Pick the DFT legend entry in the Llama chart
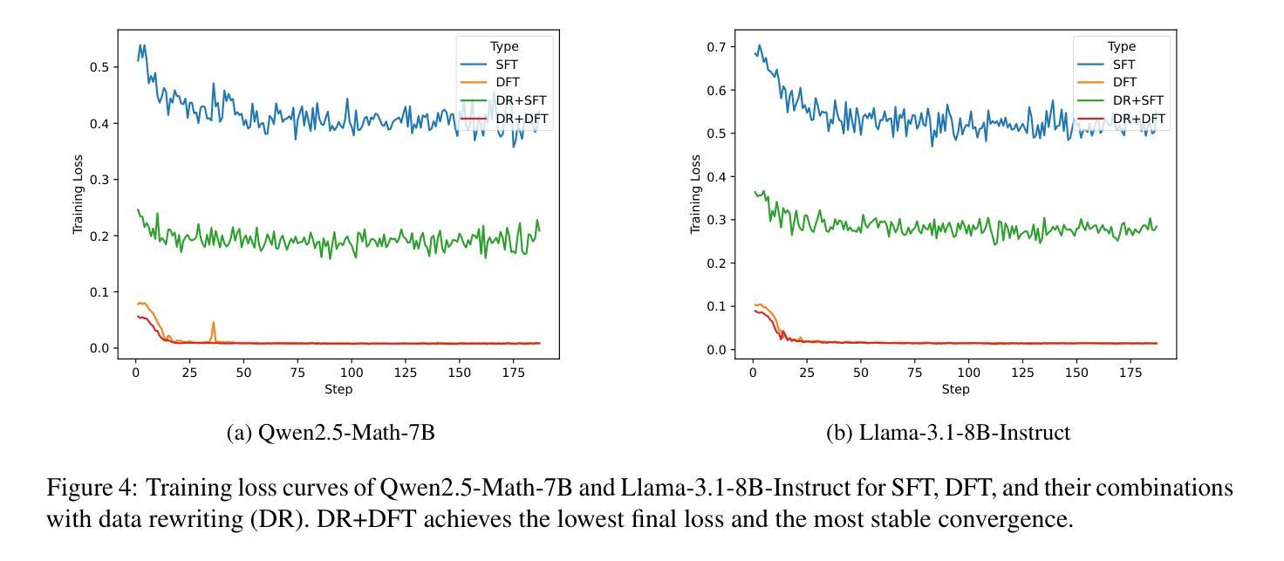click(x=1125, y=83)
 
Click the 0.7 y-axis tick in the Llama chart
click(x=720, y=46)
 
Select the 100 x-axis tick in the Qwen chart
click(x=351, y=373)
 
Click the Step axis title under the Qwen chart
click(x=338, y=389)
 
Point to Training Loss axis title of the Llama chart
click(x=695, y=194)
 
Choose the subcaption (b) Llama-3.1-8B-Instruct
click(x=948, y=433)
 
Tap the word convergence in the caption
click(x=1019, y=520)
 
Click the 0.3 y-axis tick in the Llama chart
click(x=720, y=220)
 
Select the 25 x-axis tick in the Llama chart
click(x=807, y=373)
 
